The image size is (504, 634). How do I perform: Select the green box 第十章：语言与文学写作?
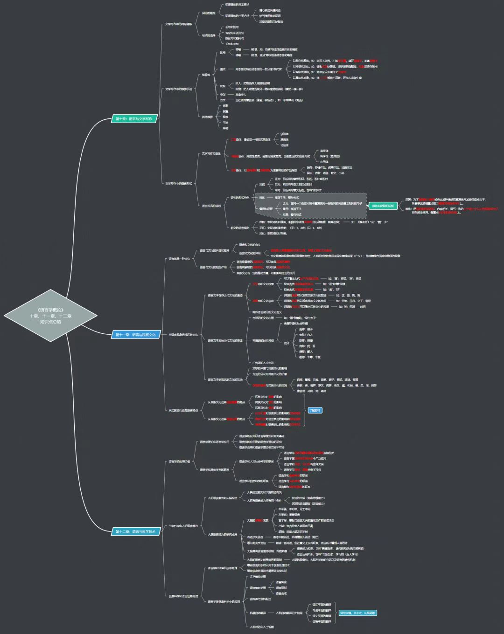coord(134,119)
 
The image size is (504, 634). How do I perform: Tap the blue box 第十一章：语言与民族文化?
coord(136,335)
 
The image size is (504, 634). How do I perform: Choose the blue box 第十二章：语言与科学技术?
coord(136,531)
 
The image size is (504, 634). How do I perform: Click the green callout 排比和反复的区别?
coord(383,206)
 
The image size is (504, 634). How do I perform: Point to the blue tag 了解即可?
coord(315,411)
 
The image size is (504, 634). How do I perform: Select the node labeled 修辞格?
coord(206,75)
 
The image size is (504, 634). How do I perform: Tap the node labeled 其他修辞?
coord(207,117)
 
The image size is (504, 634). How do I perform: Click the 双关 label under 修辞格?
coord(223,100)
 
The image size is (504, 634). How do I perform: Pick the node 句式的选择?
coord(209,35)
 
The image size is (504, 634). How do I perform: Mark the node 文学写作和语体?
coord(211,153)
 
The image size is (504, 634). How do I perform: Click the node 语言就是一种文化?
coord(179,259)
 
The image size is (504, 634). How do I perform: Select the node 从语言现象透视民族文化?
coord(183,335)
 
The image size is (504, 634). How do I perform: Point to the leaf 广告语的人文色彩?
coord(263,363)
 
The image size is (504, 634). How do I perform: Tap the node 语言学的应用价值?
coord(179,462)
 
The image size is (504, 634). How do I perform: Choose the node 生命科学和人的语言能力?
coord(183,526)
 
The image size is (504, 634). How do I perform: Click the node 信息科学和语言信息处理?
coord(183,596)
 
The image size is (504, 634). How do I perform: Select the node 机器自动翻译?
coord(258,613)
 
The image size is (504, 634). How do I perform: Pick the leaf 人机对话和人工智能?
coord(262,627)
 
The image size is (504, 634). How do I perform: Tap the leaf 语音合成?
coord(281,593)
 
